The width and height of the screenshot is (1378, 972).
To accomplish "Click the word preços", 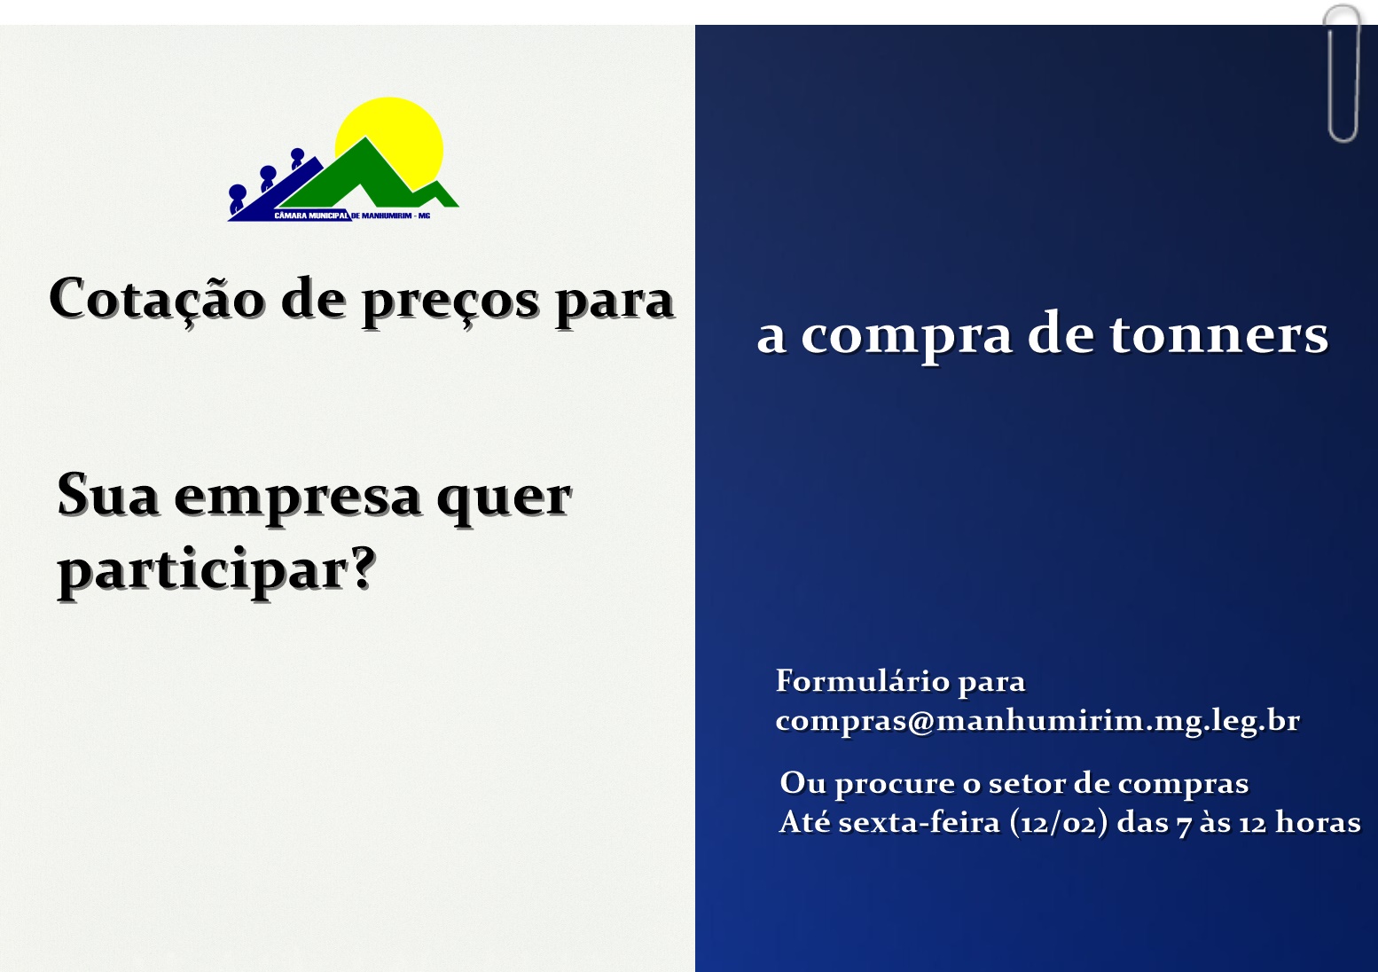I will (x=450, y=302).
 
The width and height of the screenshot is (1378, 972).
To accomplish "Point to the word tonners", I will (x=1218, y=334).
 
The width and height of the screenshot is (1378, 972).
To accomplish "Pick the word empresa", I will (x=298, y=497).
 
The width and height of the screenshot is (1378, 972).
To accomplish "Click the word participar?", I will (x=217, y=570).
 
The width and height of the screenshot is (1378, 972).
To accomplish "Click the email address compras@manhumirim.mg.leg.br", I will (x=1037, y=720).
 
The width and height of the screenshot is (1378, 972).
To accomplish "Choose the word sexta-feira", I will (x=919, y=822).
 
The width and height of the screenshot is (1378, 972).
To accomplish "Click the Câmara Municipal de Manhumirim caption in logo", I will (x=352, y=216).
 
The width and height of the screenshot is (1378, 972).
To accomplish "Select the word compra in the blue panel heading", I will (x=905, y=336).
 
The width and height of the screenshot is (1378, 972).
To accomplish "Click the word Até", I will (x=804, y=822).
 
